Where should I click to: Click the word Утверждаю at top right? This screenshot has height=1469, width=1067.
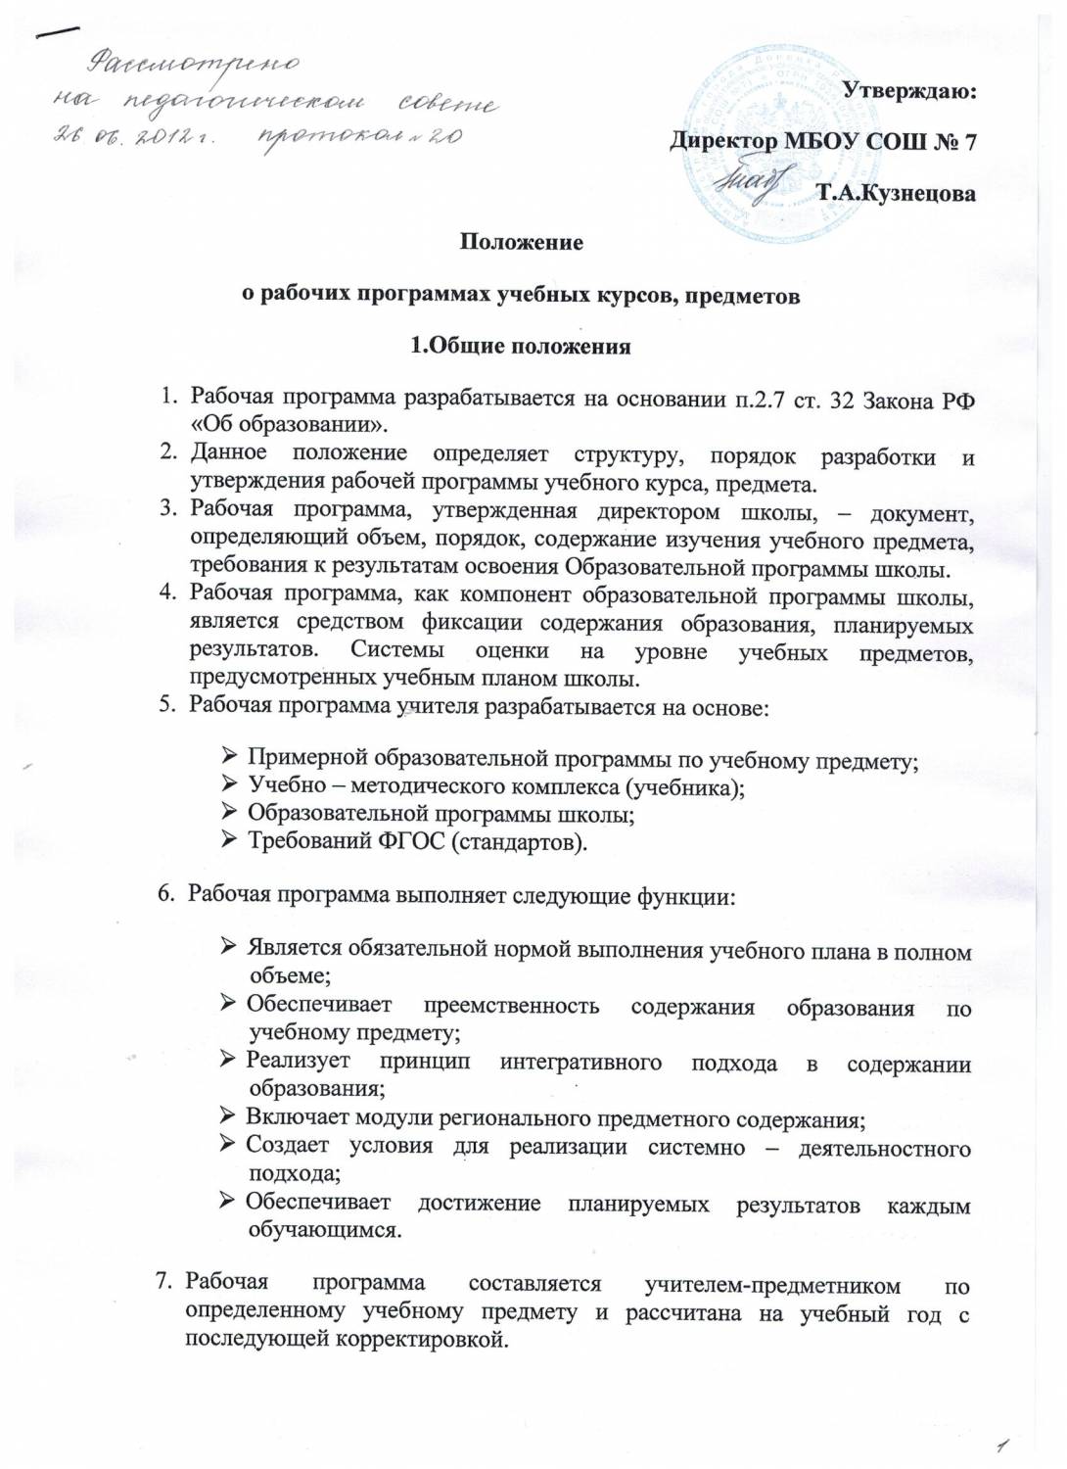[x=909, y=92]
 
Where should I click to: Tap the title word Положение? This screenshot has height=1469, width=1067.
[x=522, y=242]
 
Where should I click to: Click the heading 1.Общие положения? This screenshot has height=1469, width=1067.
[x=520, y=346]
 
